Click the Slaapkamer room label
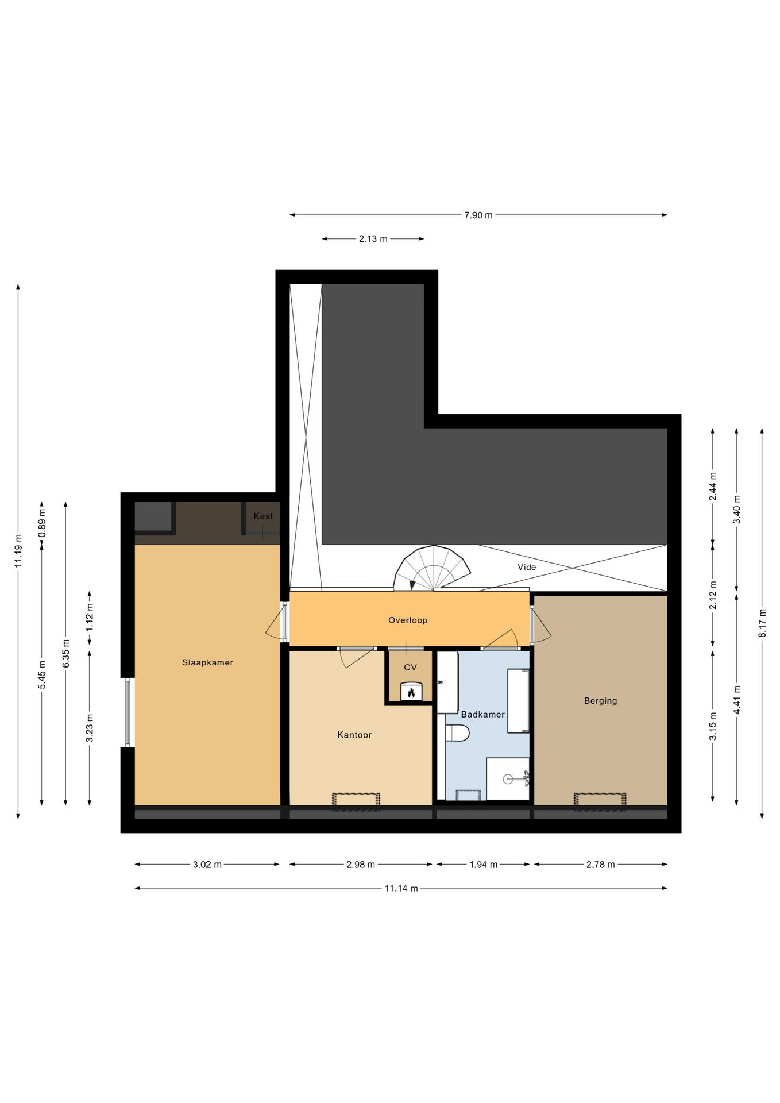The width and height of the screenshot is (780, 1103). (x=207, y=662)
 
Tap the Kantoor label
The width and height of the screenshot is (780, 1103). (x=354, y=735)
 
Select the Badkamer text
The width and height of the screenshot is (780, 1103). (x=482, y=714)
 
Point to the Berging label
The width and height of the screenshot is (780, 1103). (x=600, y=701)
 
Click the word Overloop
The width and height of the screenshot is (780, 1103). (x=408, y=620)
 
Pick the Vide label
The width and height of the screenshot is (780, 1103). (x=527, y=567)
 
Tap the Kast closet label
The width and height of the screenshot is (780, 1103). (x=263, y=516)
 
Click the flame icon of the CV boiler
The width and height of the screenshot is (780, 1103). (x=411, y=692)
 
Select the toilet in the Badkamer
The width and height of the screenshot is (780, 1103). (x=458, y=732)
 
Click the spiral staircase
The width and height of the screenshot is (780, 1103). (x=432, y=568)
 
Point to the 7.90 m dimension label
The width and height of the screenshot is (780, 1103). (x=478, y=215)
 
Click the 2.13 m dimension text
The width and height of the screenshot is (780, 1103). (x=373, y=239)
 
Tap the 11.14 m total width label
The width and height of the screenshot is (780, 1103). (x=401, y=888)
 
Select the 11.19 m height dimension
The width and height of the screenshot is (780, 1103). (x=18, y=551)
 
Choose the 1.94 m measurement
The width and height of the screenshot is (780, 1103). (x=483, y=865)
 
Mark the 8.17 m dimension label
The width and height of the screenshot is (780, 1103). (x=762, y=623)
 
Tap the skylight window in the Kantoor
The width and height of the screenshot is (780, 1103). (x=356, y=801)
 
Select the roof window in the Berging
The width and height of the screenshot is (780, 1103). (x=600, y=801)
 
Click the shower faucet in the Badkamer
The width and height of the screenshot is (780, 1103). (x=525, y=778)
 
